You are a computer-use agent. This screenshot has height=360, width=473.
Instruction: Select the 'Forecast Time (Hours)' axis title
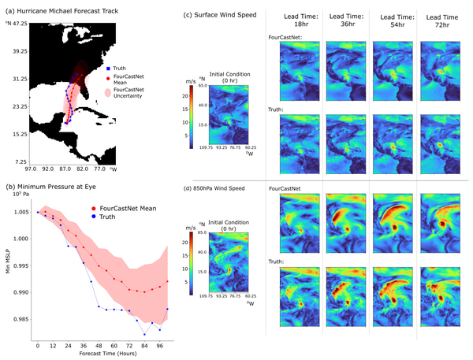pos(97,354)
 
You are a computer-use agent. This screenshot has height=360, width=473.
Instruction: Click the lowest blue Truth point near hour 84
pos(144,333)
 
